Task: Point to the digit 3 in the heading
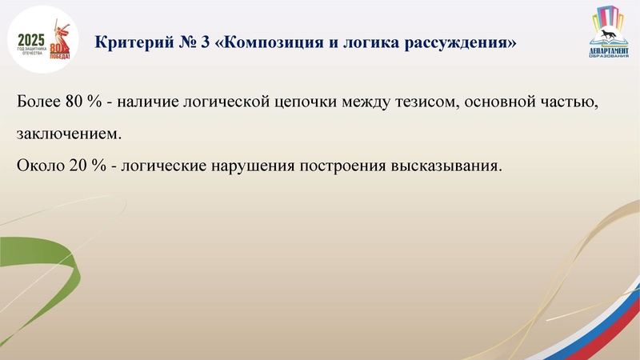206,42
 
